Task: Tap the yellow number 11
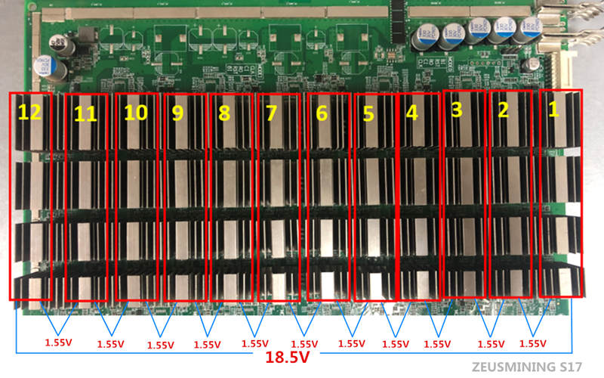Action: [x=87, y=115]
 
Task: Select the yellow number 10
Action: [x=135, y=113]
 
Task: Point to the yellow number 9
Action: [x=178, y=113]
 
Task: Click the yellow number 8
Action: [x=224, y=114]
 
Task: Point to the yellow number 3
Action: [x=458, y=110]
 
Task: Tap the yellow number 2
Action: [x=504, y=110]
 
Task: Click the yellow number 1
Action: [x=553, y=109]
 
